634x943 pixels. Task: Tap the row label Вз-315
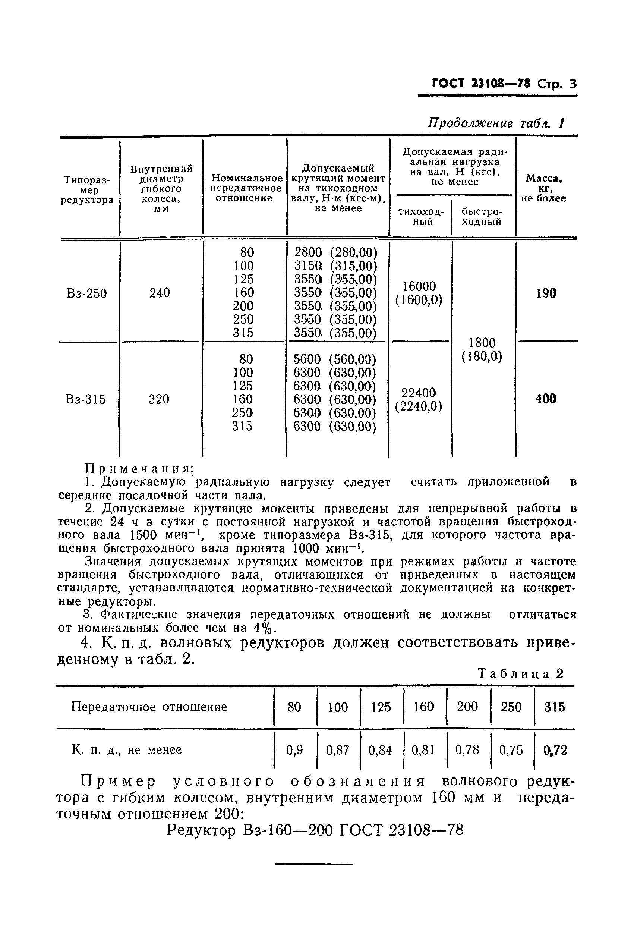tap(86, 399)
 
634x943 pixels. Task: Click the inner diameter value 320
tap(159, 399)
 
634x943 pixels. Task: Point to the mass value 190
tap(546, 293)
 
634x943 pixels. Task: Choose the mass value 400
tap(546, 399)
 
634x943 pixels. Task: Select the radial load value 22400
tap(419, 393)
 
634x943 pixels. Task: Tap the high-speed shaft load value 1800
tap(482, 343)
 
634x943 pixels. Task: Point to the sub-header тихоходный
tap(421, 217)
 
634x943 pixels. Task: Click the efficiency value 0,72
tap(556, 751)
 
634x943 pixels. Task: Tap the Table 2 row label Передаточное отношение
tap(149, 707)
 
